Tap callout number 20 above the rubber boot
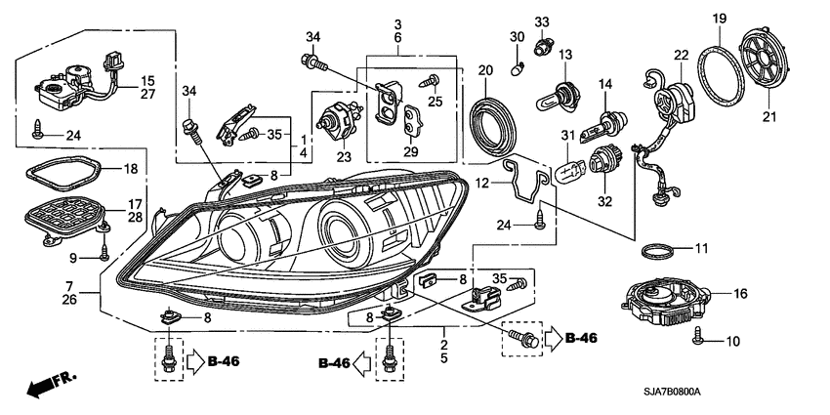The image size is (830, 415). [x=484, y=70]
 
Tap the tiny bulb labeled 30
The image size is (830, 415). [x=520, y=68]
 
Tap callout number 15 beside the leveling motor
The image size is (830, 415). [x=146, y=80]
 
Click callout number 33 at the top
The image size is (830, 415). [x=541, y=21]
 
